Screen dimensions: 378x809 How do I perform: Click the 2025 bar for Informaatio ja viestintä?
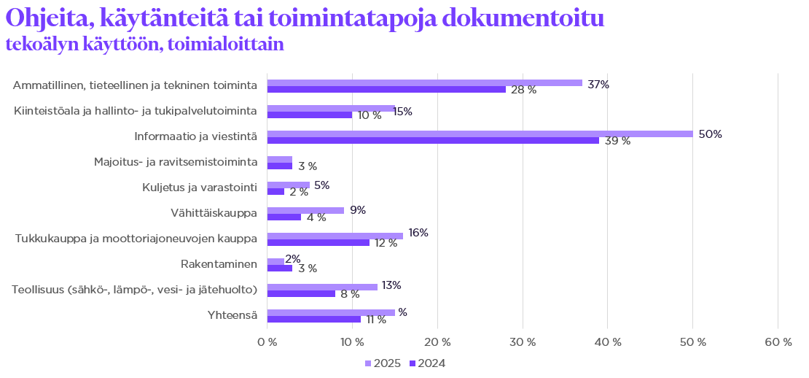(x=480, y=134)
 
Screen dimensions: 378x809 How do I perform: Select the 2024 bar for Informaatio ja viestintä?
(x=433, y=140)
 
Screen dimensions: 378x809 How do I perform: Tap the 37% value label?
(x=598, y=84)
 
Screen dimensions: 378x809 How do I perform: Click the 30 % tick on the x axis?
(x=523, y=342)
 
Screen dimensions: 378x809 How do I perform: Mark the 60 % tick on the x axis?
(x=778, y=342)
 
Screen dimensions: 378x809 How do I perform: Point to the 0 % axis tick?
(x=267, y=342)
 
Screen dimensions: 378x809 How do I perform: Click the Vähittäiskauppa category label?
(x=214, y=213)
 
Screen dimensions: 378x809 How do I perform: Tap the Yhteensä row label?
(x=232, y=315)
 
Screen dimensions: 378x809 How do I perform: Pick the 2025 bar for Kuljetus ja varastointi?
(x=289, y=185)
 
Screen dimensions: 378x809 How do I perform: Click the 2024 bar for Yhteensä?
(x=314, y=319)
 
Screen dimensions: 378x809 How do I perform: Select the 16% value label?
(x=418, y=233)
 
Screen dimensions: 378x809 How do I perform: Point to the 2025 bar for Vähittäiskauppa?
(x=305, y=210)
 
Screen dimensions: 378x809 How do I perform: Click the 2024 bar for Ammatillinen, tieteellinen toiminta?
(x=386, y=89)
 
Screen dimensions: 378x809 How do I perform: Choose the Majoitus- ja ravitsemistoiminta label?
(x=176, y=162)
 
